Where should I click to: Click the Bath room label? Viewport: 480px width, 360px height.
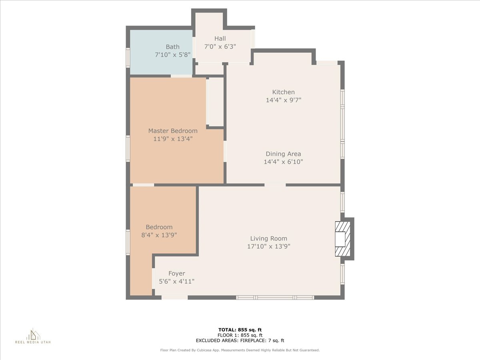point(172,47)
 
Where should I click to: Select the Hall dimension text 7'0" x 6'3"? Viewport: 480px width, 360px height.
point(220,46)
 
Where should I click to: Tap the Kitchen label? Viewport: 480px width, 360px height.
point(283,92)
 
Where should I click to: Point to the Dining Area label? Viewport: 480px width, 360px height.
point(283,154)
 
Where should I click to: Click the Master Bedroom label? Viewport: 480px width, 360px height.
point(173,131)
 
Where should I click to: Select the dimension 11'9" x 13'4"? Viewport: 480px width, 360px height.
point(173,139)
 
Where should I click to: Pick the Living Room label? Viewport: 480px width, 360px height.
point(268,238)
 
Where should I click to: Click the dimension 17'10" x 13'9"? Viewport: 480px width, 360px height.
point(268,246)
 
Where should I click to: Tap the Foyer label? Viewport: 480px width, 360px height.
point(176,274)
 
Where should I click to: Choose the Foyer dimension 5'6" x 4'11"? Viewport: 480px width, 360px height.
point(176,281)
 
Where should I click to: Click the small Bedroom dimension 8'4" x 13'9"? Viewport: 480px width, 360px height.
point(159,235)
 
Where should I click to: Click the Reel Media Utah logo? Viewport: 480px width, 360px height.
point(33,336)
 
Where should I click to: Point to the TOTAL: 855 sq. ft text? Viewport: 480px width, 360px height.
point(240,330)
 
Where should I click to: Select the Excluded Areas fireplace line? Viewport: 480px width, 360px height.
point(240,340)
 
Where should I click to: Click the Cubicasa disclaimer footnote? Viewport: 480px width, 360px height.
point(240,350)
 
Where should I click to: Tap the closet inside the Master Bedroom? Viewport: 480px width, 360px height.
point(216,102)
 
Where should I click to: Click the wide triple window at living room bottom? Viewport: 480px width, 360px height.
point(275,297)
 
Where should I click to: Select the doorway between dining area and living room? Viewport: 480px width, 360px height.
point(275,185)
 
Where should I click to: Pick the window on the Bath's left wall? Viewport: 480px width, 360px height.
point(128,57)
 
